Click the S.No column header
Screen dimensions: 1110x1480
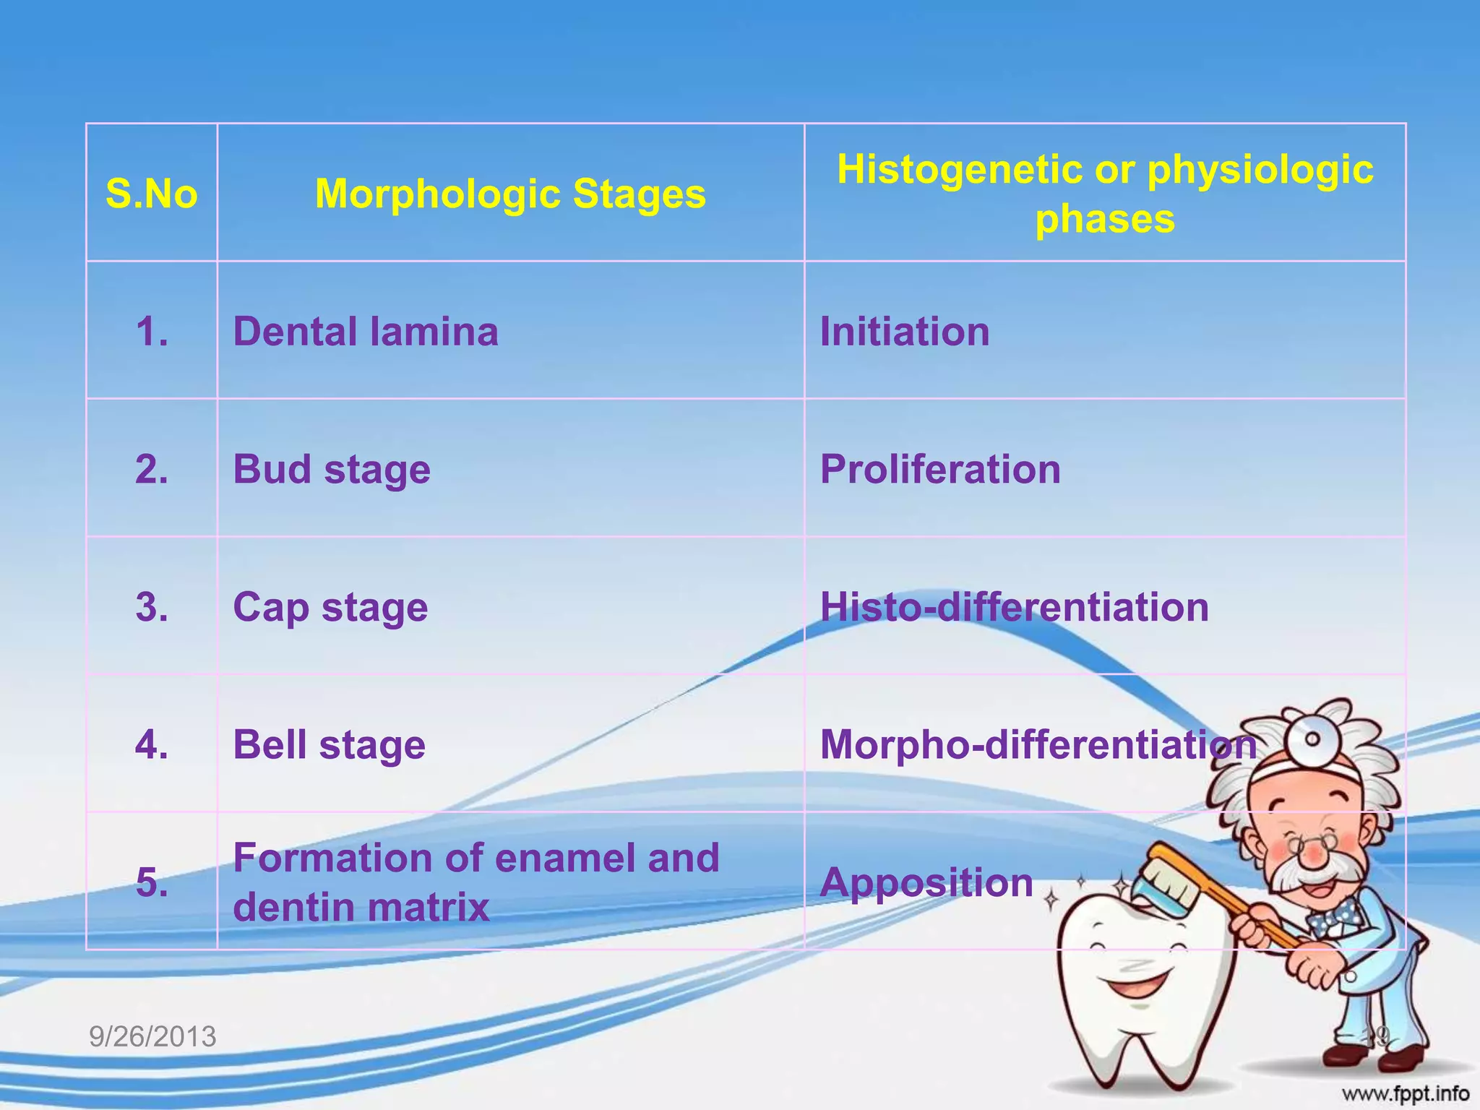click(152, 194)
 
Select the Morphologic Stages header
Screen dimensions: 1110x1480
click(510, 194)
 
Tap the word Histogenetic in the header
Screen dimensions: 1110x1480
click(959, 170)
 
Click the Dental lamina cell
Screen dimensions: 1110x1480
click(366, 332)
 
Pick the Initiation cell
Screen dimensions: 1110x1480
click(905, 332)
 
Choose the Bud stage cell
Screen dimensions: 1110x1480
click(332, 470)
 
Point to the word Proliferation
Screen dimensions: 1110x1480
click(940, 470)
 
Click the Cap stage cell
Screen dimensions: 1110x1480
click(330, 607)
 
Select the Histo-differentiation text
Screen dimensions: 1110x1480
click(1014, 607)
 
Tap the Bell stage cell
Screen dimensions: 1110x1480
click(329, 745)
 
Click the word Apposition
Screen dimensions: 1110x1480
click(926, 882)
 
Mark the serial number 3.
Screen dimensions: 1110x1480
click(152, 607)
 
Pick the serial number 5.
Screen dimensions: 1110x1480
click(152, 882)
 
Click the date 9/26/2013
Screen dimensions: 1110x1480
click(152, 1036)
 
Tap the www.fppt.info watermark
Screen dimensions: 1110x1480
click(1406, 1093)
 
